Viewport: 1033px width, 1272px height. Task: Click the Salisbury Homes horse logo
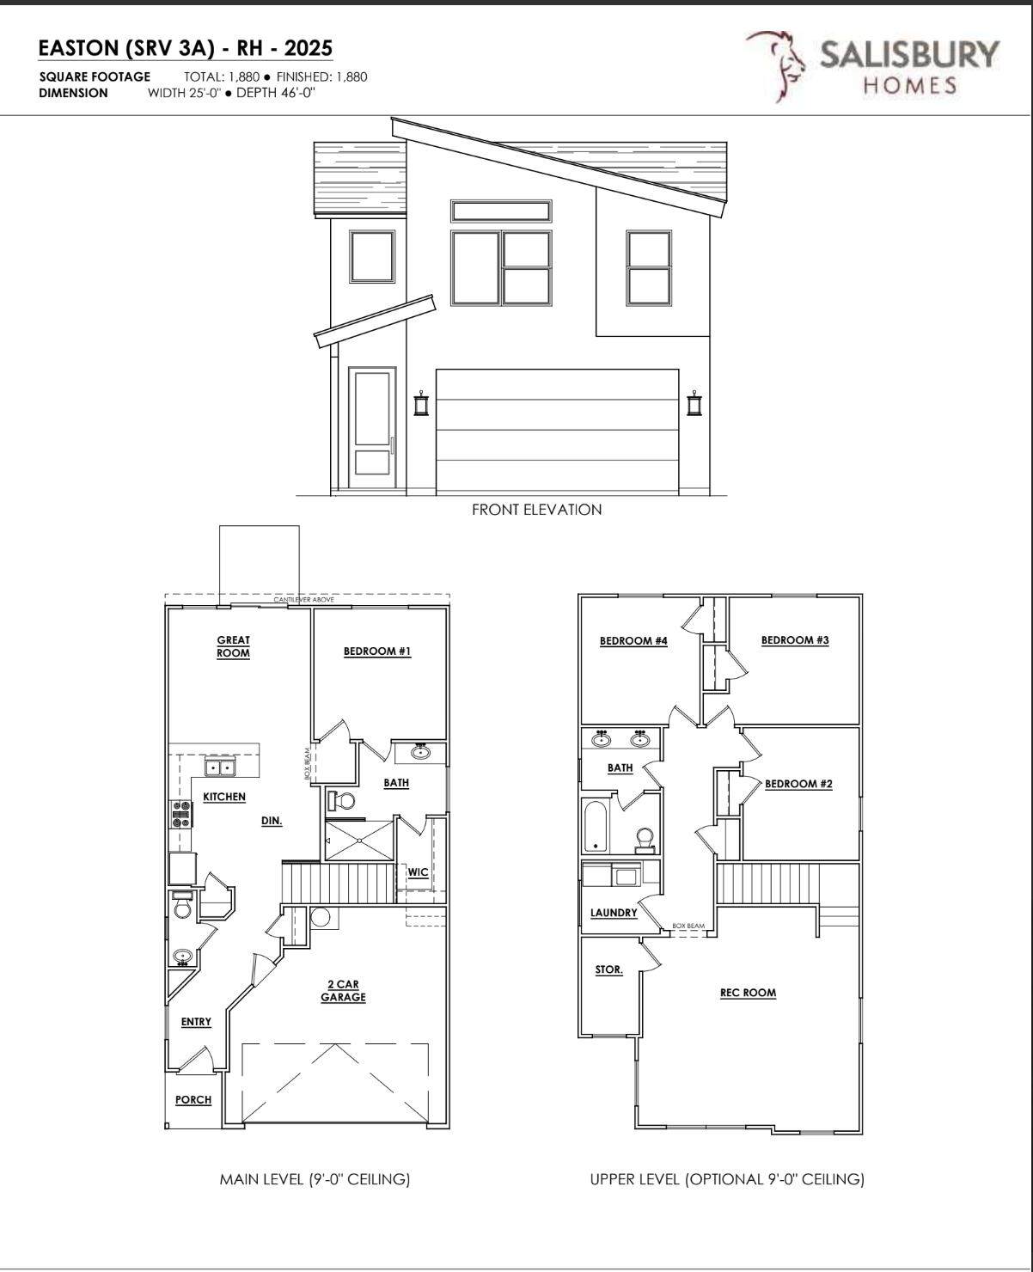(x=775, y=66)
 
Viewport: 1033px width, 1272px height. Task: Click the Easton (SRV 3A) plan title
(x=185, y=48)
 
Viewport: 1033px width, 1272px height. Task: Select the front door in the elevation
(x=372, y=429)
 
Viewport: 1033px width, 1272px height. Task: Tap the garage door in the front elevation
(x=557, y=431)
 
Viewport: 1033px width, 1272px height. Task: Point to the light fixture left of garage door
(x=422, y=403)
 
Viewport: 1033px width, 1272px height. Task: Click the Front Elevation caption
(x=537, y=510)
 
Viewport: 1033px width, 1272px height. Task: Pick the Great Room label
(x=233, y=646)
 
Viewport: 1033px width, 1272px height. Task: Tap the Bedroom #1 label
(x=377, y=651)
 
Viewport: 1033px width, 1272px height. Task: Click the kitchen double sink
(x=220, y=767)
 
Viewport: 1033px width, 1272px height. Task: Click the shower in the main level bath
(x=359, y=841)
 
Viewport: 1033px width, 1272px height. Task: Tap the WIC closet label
(x=418, y=871)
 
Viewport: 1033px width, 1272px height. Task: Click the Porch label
(x=193, y=1099)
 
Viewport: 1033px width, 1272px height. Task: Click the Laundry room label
(x=614, y=913)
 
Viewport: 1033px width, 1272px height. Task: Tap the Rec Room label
(x=748, y=993)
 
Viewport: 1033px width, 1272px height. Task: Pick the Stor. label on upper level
(x=608, y=969)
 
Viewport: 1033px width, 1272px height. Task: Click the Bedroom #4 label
(x=633, y=641)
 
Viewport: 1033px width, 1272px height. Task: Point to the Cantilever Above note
(x=303, y=599)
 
